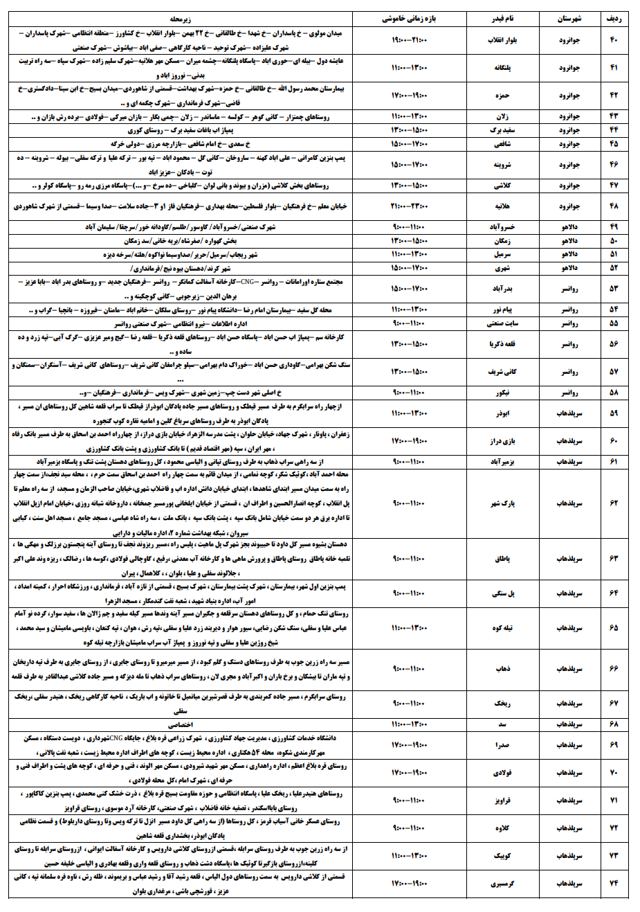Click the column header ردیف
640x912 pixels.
(614, 19)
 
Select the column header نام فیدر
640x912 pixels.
(502, 19)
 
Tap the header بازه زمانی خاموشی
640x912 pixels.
(409, 19)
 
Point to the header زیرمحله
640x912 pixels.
(181, 19)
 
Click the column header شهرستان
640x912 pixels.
(569, 19)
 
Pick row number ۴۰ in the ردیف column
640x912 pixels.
(614, 39)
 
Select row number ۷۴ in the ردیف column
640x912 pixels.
(614, 884)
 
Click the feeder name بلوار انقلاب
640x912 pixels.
(502, 39)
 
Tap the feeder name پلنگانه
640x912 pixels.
(502, 68)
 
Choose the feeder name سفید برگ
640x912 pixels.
(502, 130)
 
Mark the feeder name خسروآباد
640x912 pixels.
(502, 227)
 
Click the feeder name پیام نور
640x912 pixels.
(502, 310)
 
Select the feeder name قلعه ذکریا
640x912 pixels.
(502, 344)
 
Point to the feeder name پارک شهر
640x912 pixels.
(502, 503)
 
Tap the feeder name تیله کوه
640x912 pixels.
(502, 627)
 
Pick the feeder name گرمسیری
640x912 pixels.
(502, 884)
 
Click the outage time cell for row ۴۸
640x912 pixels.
(409, 206)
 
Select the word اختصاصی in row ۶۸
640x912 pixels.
(181, 724)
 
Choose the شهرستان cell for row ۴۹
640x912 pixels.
(569, 227)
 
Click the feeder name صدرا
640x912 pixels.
(502, 745)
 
